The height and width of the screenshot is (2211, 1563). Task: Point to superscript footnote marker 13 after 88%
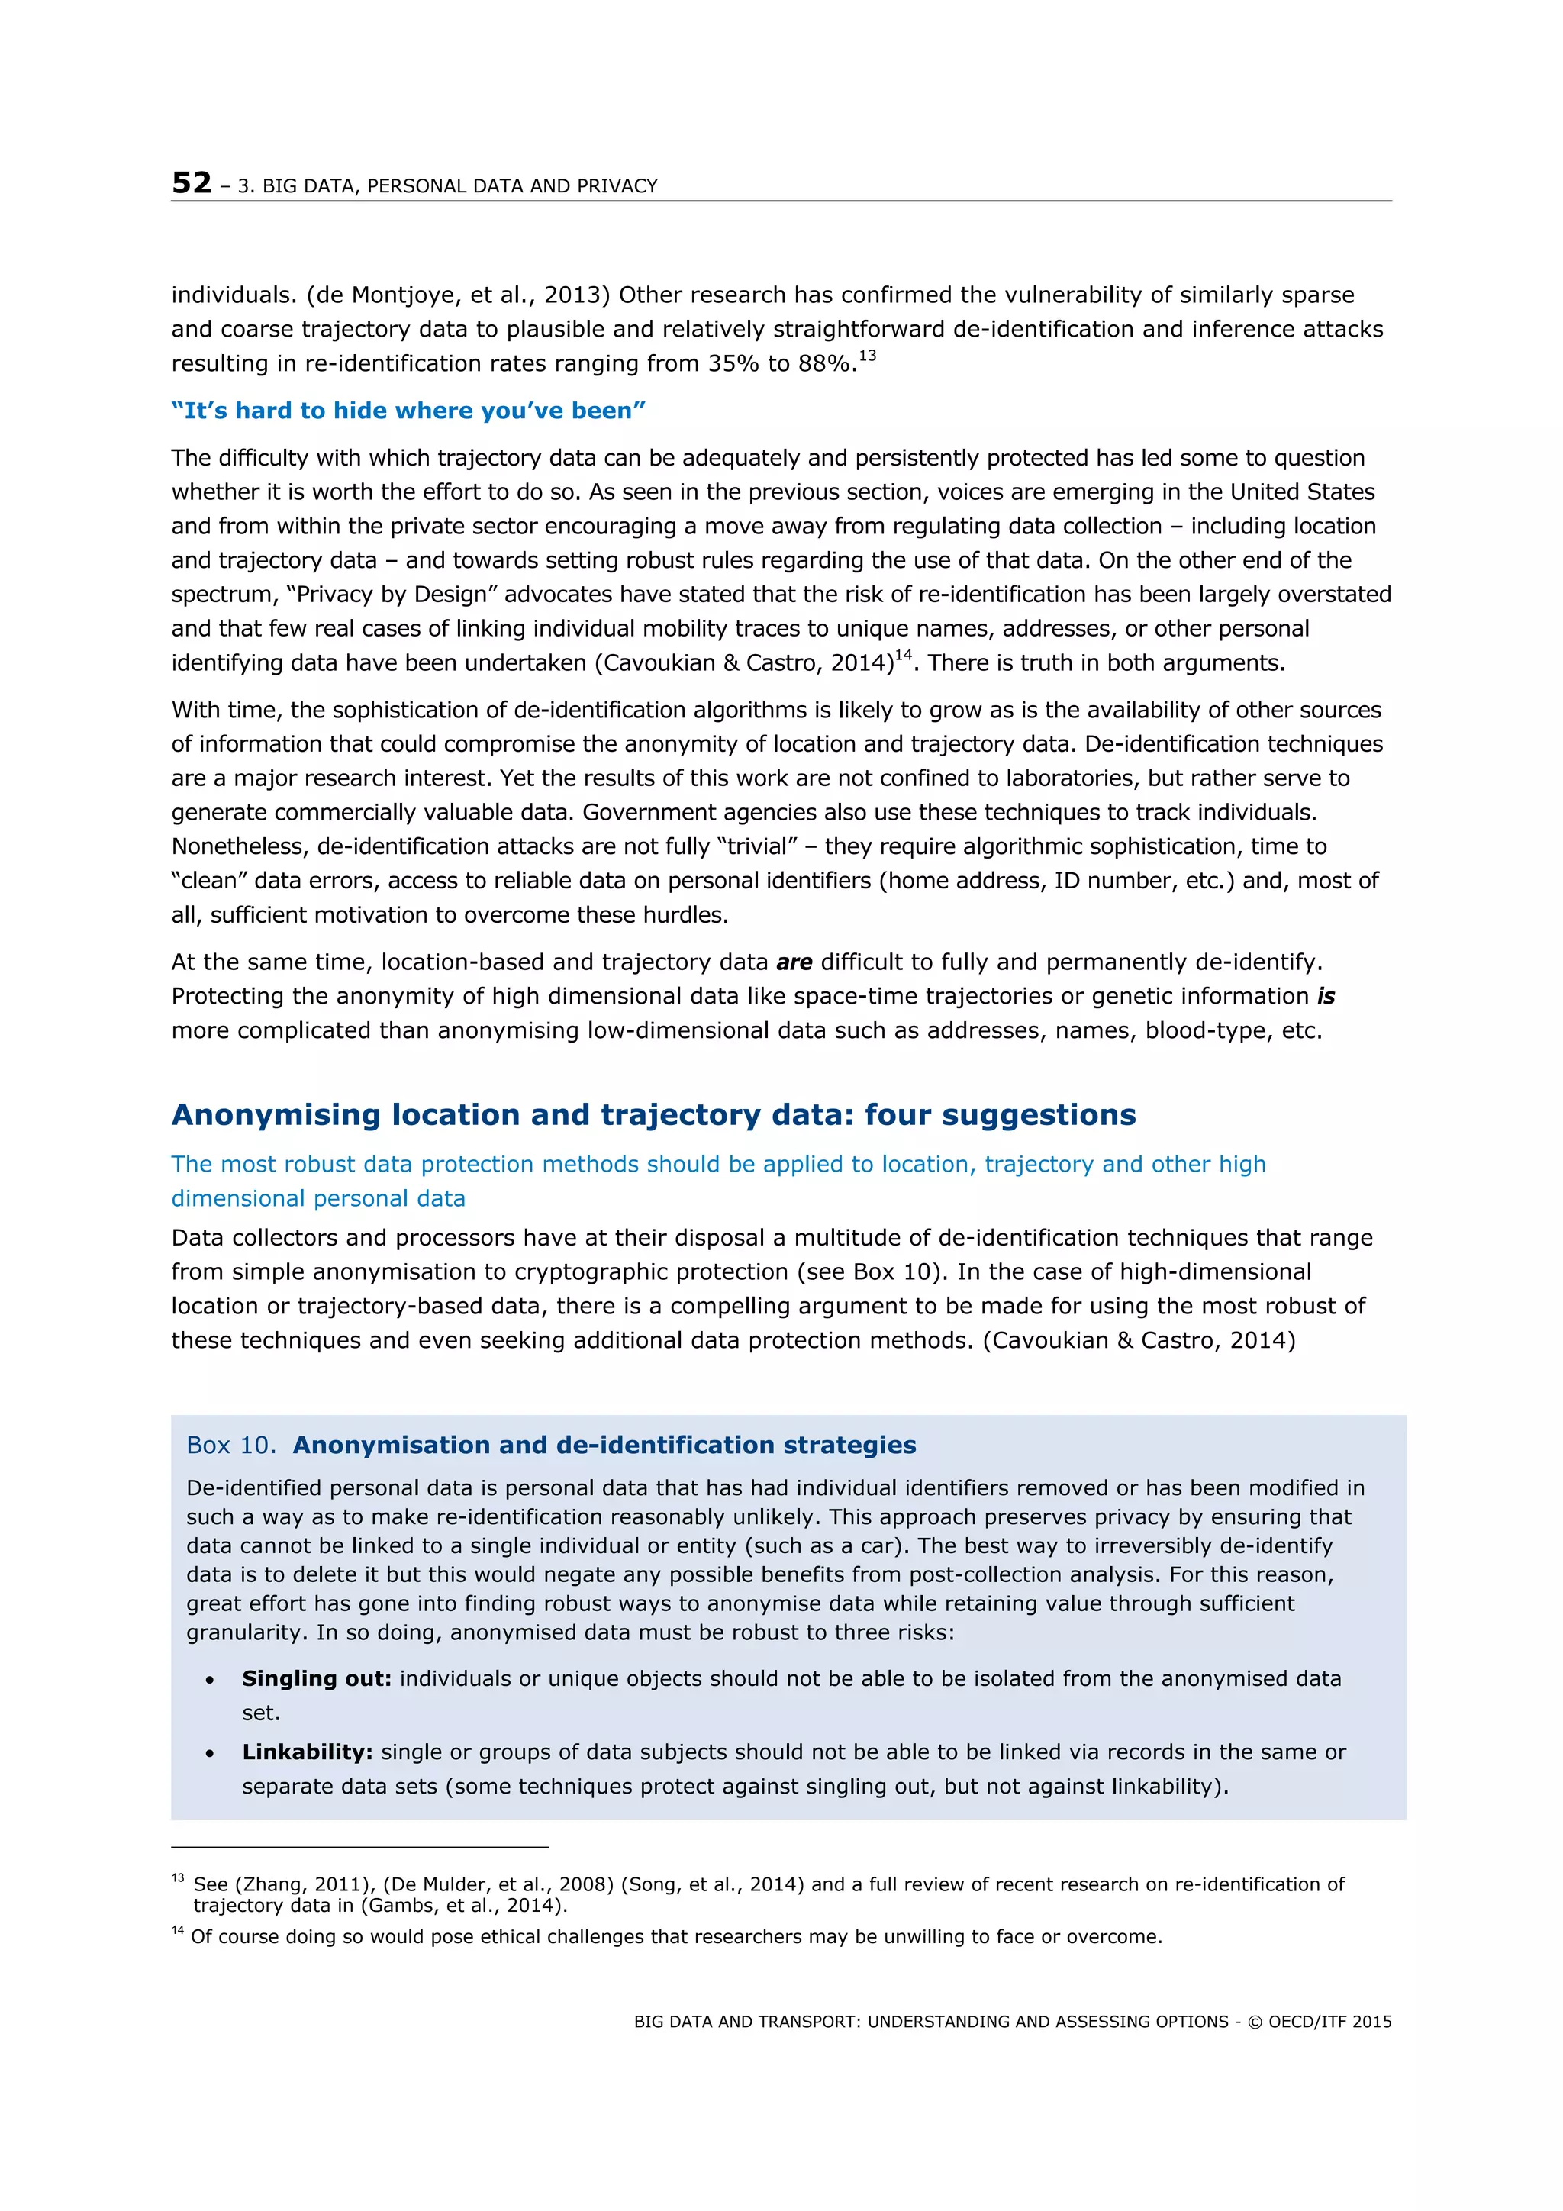(x=867, y=356)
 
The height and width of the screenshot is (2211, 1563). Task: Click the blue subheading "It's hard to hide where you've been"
(x=408, y=411)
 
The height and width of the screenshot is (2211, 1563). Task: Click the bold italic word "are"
(x=794, y=962)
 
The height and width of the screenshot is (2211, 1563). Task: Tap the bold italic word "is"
(x=1326, y=997)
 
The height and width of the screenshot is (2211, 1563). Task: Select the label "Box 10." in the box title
(x=231, y=1446)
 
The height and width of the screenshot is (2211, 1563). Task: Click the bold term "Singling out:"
(x=317, y=1678)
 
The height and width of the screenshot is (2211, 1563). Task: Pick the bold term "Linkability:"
(x=308, y=1752)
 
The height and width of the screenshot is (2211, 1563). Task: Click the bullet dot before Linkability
(x=210, y=1754)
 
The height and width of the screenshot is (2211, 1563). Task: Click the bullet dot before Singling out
(x=210, y=1681)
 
